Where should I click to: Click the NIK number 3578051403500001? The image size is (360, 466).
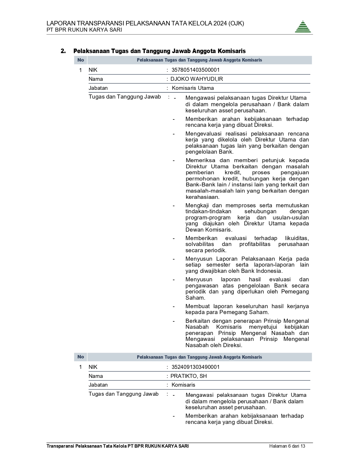[195, 70]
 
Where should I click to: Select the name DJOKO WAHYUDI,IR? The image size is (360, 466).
[197, 79]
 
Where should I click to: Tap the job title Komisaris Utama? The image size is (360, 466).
[193, 88]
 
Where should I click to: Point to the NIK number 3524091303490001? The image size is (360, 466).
[195, 367]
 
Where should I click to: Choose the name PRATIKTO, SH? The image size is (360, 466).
[189, 376]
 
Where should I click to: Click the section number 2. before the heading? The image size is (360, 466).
[63, 51]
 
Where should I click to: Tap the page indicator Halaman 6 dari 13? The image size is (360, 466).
[287, 446]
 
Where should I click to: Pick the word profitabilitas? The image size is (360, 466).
[255, 244]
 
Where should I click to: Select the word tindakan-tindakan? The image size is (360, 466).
[208, 212]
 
